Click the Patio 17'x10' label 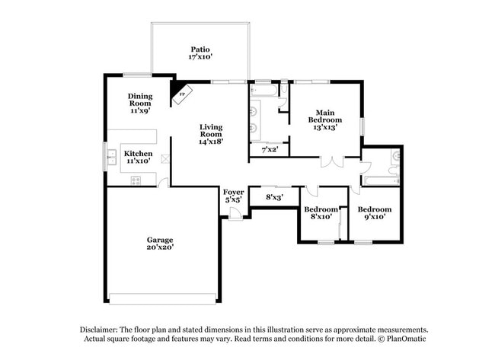(x=201, y=53)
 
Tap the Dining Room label (x=140, y=103)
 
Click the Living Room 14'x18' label (x=211, y=133)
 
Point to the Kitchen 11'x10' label (x=139, y=157)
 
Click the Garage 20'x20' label (x=160, y=243)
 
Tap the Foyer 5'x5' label (x=233, y=196)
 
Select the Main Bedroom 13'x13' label (x=325, y=119)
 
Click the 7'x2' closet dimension (x=270, y=150)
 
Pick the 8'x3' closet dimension (x=274, y=197)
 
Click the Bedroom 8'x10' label (x=320, y=213)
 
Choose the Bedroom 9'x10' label (x=375, y=213)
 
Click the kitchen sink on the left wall (x=112, y=158)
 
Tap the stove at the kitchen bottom (x=136, y=180)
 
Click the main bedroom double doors (x=331, y=162)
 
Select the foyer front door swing (x=236, y=215)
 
